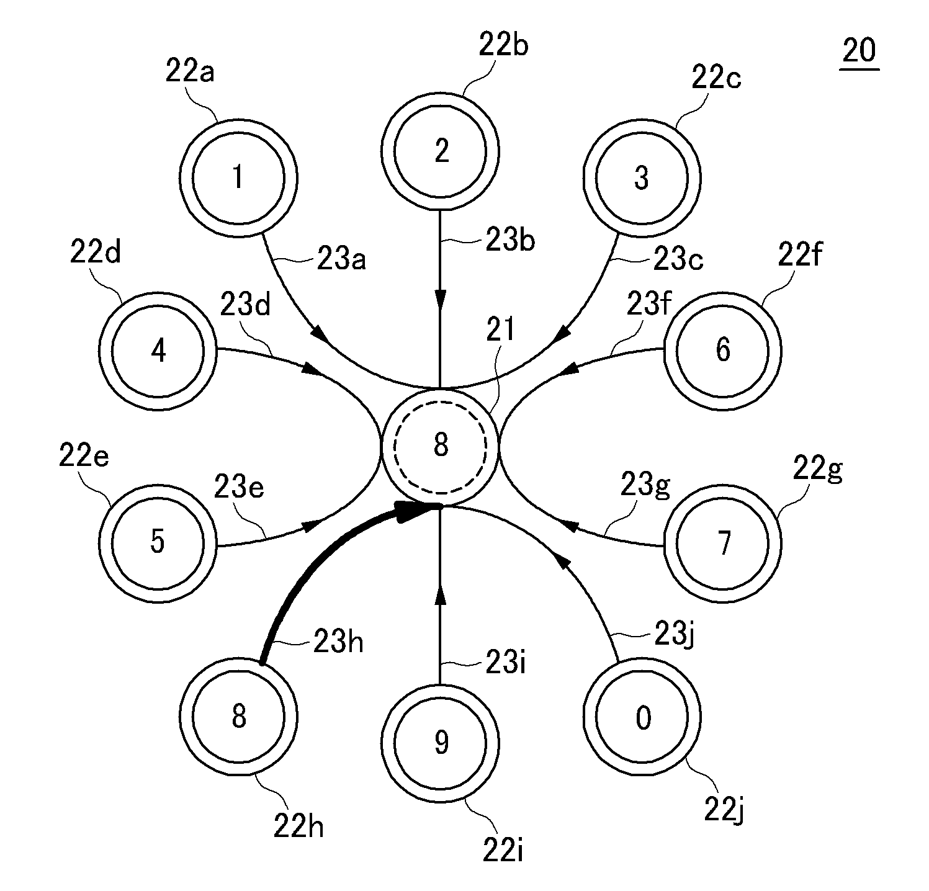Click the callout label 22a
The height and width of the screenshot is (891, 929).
point(189,73)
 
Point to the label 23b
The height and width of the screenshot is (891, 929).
point(510,241)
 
